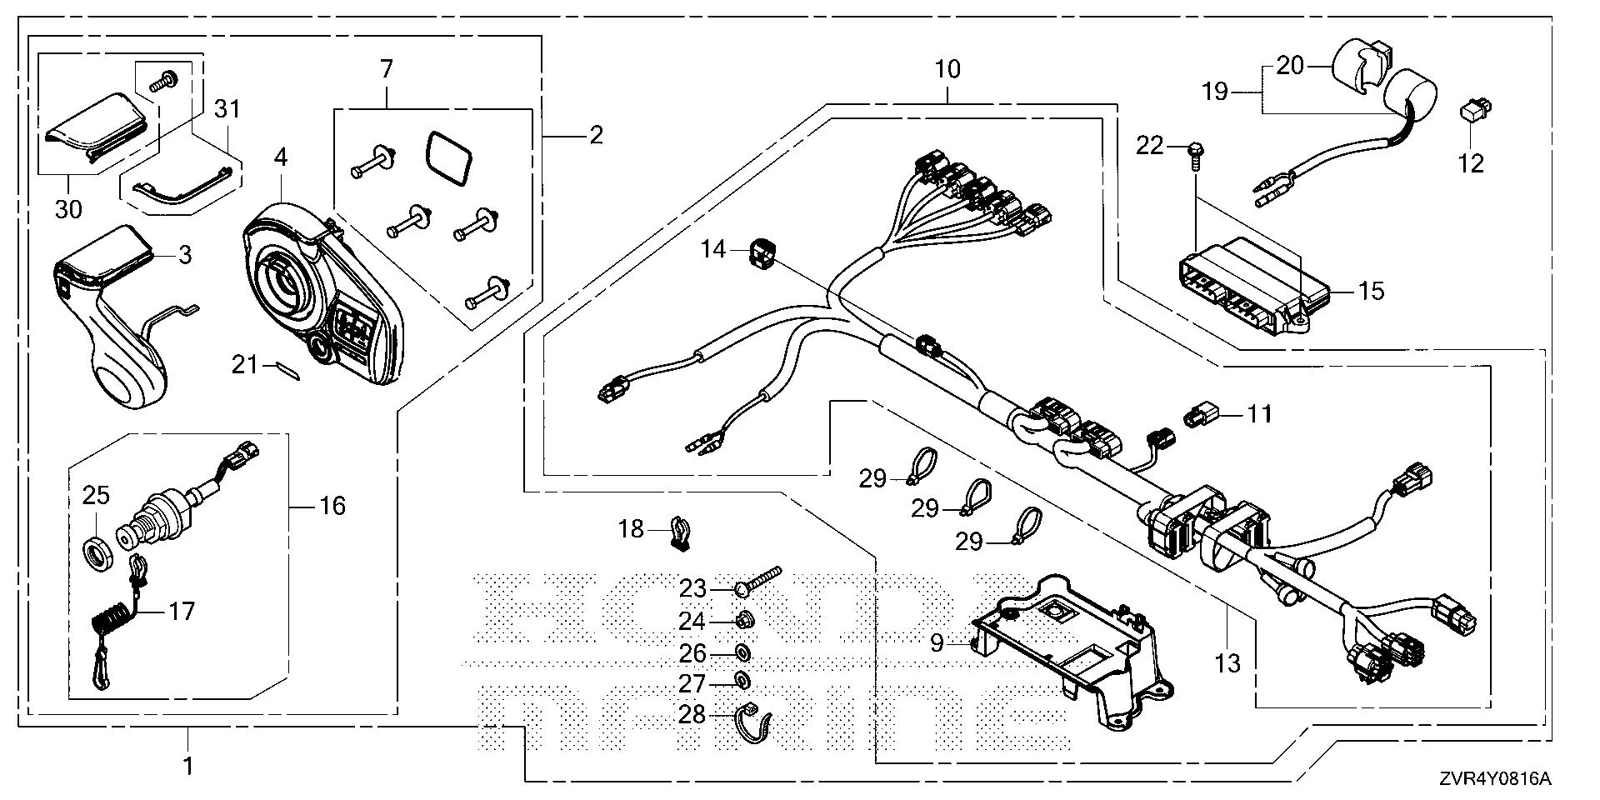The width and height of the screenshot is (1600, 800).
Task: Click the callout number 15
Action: pos(1371,291)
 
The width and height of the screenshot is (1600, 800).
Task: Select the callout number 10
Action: pos(947,69)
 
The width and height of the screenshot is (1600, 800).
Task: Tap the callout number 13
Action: pos(1228,663)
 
